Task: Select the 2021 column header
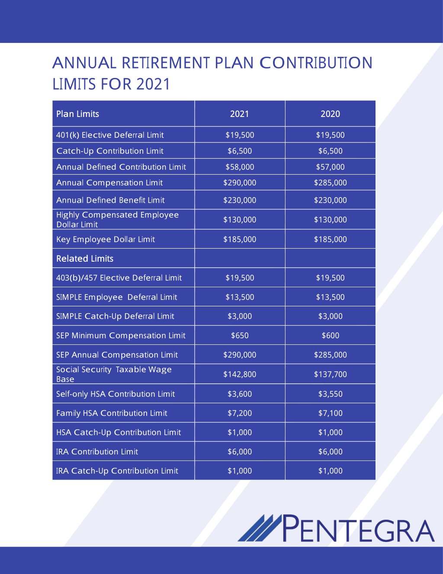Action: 239,114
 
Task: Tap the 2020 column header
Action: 330,114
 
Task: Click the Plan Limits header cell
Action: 77,114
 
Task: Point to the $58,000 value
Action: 240,167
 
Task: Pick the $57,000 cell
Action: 330,167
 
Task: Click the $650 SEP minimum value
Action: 240,335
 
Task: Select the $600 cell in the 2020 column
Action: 330,335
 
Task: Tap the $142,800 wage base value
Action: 240,374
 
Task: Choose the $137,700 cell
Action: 330,374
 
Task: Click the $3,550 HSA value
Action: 330,394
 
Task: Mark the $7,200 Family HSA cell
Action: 240,413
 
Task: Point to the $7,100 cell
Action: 330,413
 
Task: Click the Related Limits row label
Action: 85,258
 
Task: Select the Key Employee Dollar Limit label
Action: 106,240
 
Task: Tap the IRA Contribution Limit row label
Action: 97,452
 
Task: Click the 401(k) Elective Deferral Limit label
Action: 110,135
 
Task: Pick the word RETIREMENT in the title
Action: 166,63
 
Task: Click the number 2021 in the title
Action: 153,84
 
